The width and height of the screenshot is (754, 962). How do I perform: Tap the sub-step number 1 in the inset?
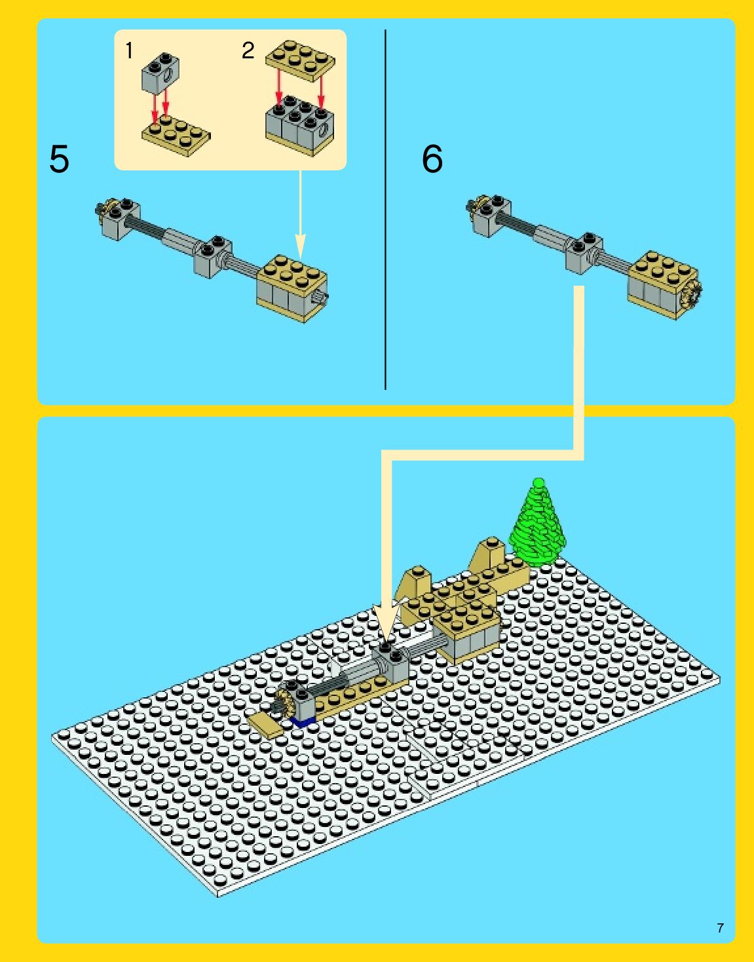(129, 50)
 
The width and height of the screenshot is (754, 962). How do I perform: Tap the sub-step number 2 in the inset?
(248, 50)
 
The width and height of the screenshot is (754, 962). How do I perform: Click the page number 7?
(721, 928)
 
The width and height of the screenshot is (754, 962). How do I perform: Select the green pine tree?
(537, 523)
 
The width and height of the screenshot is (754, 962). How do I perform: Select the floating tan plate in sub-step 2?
(300, 61)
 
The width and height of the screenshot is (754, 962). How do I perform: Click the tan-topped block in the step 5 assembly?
(292, 288)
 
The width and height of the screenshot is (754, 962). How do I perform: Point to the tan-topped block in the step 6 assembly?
(664, 285)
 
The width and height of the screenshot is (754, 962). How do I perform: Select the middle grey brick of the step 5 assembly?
(212, 256)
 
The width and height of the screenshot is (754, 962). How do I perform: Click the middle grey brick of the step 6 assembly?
(584, 253)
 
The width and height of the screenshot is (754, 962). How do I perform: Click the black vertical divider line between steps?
(385, 210)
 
